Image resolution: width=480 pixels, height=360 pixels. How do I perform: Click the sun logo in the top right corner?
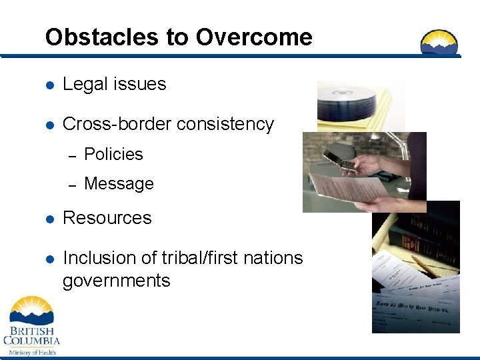(x=439, y=42)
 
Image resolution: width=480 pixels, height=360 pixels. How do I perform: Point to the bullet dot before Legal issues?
(x=49, y=85)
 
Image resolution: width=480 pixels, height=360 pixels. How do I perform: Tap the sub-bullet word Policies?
(x=113, y=154)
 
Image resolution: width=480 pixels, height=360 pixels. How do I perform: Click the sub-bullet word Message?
(x=119, y=183)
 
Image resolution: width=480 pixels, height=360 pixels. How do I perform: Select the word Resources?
(x=107, y=218)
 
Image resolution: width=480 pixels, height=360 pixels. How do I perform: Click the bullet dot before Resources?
(x=49, y=219)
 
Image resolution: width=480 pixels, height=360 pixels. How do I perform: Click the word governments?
(x=116, y=281)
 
